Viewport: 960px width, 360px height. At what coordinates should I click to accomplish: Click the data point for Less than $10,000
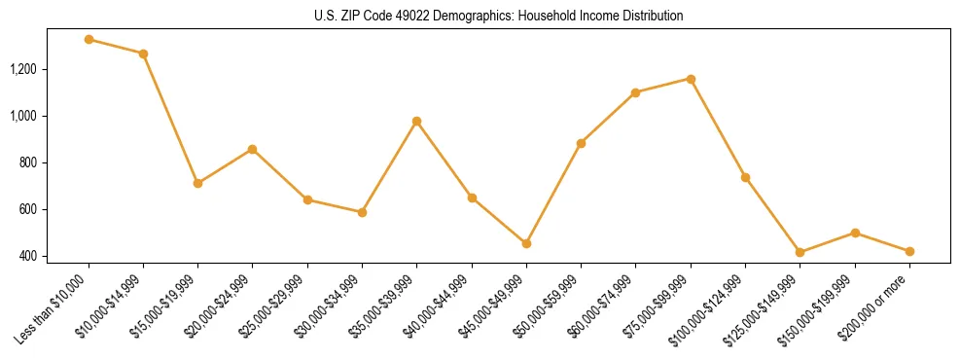tap(89, 40)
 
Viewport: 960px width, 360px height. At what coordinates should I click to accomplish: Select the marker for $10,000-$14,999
tap(143, 54)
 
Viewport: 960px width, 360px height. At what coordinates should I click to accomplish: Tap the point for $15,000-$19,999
tap(197, 183)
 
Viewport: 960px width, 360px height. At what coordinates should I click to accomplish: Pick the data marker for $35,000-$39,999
tap(416, 122)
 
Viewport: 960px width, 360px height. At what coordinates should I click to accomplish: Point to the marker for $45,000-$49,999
tap(526, 243)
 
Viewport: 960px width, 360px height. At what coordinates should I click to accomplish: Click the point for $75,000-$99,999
tap(691, 79)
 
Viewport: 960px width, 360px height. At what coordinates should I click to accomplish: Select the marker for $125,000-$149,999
tap(800, 252)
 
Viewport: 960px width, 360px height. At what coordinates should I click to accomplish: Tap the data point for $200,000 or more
tap(909, 251)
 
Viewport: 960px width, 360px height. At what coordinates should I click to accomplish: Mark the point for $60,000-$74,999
tap(635, 92)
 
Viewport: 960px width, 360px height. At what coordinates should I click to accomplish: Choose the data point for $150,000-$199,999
tap(855, 233)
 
